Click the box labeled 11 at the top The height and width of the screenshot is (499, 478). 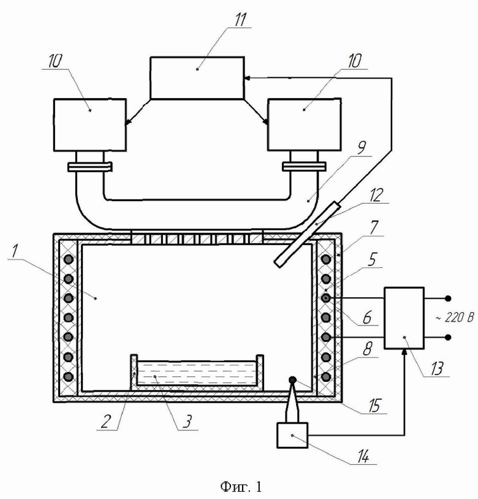[197, 78]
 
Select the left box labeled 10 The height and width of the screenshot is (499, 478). [90, 124]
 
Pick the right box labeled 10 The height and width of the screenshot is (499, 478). [305, 124]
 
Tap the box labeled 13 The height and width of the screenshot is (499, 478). [404, 318]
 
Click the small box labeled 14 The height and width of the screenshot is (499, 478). [292, 435]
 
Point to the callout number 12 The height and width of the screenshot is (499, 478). [376, 195]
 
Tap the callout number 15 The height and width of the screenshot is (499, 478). [374, 405]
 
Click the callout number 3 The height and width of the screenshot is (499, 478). [188, 421]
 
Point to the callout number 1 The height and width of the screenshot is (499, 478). [13, 251]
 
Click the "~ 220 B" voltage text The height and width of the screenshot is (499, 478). [455, 318]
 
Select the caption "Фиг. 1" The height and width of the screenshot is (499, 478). [241, 486]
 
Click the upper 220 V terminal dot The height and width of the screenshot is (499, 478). [448, 298]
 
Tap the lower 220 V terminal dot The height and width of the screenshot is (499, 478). [448, 337]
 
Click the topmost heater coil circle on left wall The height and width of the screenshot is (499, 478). [69, 259]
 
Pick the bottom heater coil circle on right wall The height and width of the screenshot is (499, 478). [326, 377]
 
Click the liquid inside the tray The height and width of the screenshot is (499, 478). [197, 373]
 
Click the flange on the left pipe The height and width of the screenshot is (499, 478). [89, 167]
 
